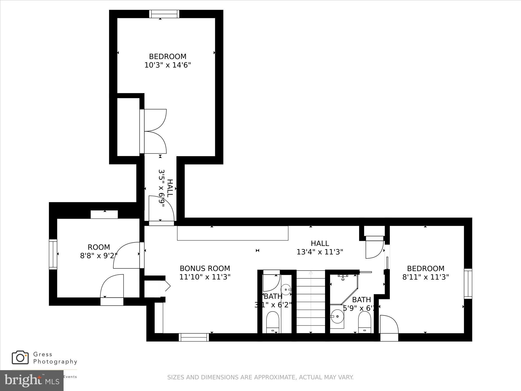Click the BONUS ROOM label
click(205, 268)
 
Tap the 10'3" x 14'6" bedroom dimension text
click(168, 65)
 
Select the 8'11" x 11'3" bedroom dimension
click(425, 277)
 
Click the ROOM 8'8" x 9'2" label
click(99, 251)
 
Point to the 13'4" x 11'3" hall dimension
click(320, 252)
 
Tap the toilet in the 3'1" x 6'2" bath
click(273, 322)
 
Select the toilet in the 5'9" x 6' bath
click(364, 322)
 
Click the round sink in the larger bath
click(337, 316)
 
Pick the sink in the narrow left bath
click(286, 290)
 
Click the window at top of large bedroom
click(164, 14)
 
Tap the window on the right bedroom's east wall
click(468, 284)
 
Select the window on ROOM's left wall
click(53, 254)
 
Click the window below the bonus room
click(194, 337)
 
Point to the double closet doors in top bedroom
click(154, 131)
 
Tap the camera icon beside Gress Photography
click(20, 357)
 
